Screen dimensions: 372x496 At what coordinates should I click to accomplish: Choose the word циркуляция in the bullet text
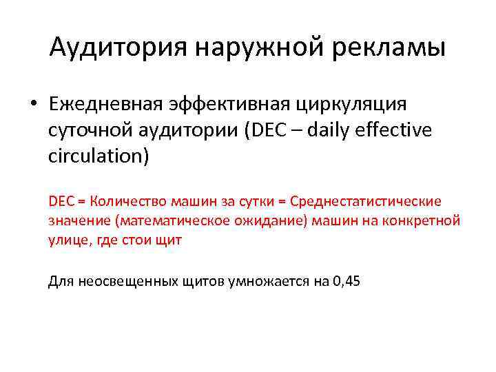pos(351,104)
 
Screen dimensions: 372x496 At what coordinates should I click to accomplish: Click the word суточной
pos(92,130)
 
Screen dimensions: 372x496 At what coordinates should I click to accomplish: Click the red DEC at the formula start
pos(61,201)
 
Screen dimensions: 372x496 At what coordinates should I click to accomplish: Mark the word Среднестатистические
pos(365,201)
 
